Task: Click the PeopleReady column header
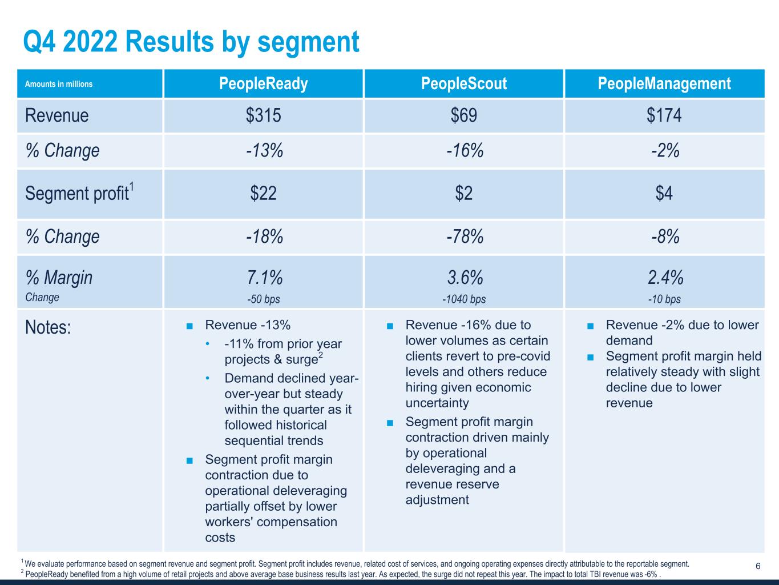coord(264,84)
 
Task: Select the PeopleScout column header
coord(464,84)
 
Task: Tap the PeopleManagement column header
coord(664,84)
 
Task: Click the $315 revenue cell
coord(264,115)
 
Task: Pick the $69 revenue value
coord(464,115)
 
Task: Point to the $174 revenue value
coord(664,115)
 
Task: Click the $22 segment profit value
coord(264,194)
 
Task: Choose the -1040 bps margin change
coord(464,299)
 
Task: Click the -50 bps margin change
coord(264,299)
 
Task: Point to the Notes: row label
coord(48,328)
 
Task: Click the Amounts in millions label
coord(59,84)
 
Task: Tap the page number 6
coord(758,567)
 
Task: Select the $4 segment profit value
coord(664,194)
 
